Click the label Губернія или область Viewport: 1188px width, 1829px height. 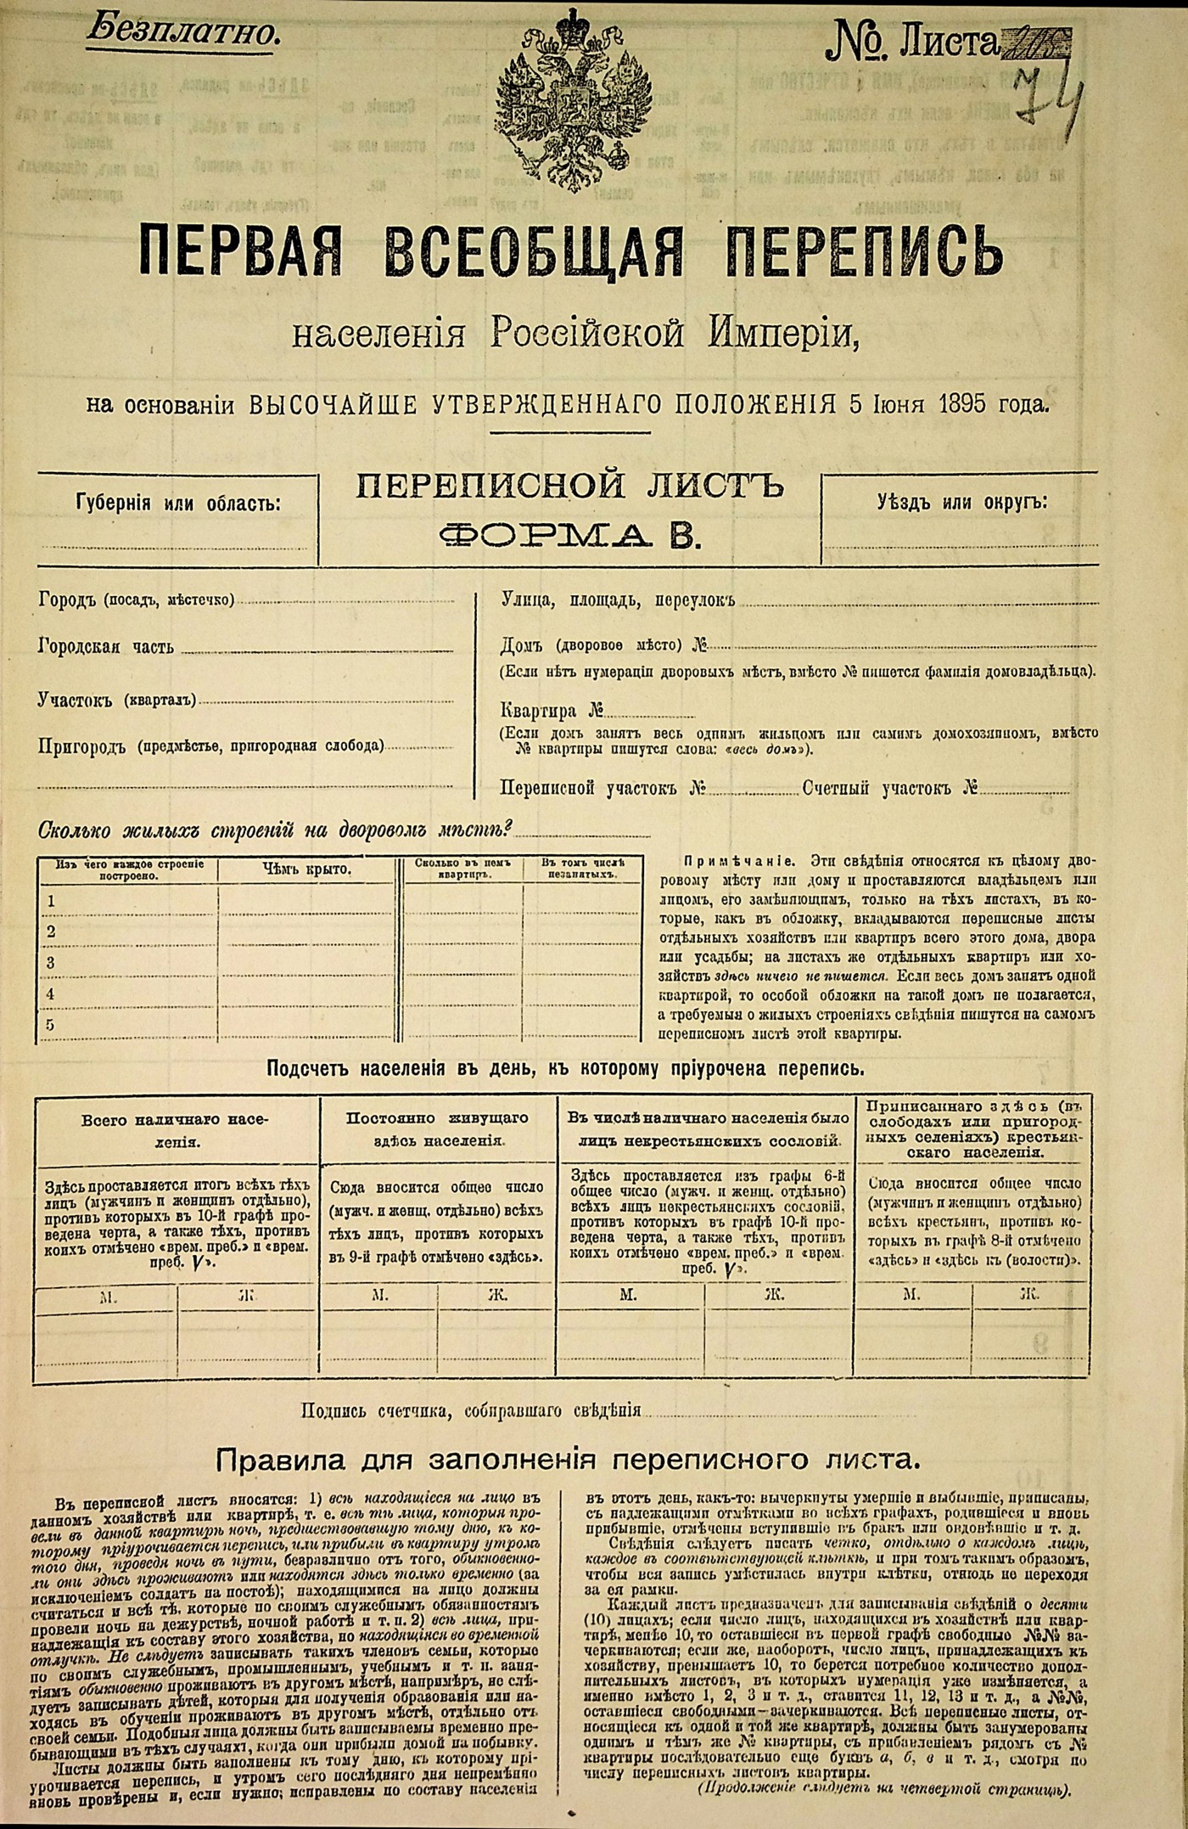point(178,504)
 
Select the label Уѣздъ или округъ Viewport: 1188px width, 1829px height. point(962,501)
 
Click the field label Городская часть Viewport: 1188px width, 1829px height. point(106,647)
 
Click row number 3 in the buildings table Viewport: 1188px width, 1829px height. point(52,962)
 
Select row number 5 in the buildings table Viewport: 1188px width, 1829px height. point(51,1024)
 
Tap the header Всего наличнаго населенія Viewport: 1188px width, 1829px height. point(177,1131)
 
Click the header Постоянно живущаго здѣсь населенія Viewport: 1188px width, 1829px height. point(438,1129)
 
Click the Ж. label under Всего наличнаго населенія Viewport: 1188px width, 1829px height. point(248,1295)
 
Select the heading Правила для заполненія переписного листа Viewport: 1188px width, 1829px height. point(568,1460)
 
